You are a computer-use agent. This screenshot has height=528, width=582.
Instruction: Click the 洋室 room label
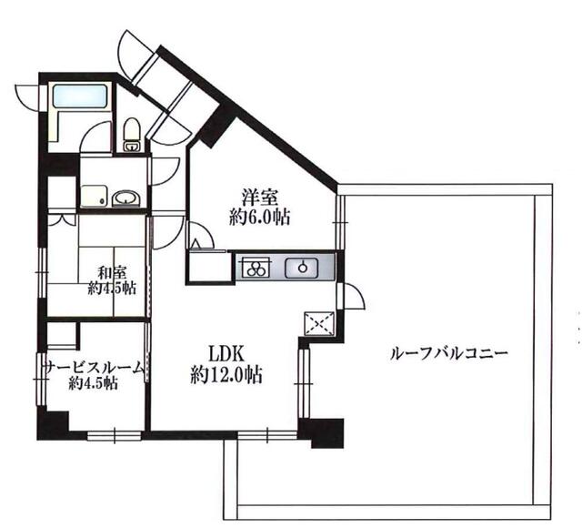point(259,198)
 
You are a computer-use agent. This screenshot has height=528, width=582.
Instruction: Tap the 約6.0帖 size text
point(259,217)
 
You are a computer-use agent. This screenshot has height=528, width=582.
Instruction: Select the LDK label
point(226,353)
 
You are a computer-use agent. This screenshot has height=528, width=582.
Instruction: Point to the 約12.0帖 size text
point(226,374)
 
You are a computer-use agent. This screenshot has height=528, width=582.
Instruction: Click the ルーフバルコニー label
point(448,353)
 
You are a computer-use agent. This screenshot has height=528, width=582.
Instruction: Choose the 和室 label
point(112,273)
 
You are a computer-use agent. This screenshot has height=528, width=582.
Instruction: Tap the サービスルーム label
point(94,368)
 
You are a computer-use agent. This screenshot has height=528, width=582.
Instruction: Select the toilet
point(131,136)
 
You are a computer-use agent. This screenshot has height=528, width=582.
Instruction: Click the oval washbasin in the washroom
point(125,198)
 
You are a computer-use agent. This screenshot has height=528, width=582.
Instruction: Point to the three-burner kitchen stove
point(256,267)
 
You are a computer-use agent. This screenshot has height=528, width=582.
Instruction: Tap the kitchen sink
point(302,268)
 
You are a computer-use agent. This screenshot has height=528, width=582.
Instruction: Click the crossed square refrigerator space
point(319,324)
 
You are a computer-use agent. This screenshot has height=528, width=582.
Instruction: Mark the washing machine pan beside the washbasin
point(94,196)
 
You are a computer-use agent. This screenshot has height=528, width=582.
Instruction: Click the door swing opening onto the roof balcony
point(354,296)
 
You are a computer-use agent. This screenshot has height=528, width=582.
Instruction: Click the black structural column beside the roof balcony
point(322,432)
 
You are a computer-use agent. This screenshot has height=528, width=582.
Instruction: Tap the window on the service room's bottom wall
point(115,435)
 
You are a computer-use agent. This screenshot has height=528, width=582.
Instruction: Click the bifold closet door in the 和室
point(62,220)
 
